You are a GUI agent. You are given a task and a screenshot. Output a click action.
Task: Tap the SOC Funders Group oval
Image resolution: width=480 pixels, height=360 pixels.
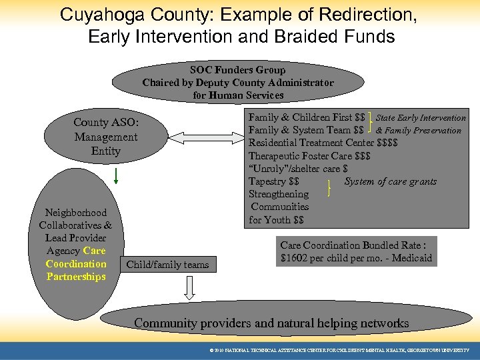coord(238,83)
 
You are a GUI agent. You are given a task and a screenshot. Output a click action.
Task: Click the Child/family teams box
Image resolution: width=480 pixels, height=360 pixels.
coord(167,265)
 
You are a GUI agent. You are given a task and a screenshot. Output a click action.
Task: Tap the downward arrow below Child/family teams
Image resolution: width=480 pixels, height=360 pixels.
coord(189,287)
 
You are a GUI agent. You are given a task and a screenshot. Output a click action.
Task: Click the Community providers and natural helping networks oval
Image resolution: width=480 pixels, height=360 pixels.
coord(271,323)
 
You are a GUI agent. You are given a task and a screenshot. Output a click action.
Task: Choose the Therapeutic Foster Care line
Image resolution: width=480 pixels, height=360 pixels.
coord(309,156)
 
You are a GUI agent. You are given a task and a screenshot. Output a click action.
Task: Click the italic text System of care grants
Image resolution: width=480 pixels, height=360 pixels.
coord(390,181)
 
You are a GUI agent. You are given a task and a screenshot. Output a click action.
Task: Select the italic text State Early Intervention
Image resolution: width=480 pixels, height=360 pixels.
coord(421,118)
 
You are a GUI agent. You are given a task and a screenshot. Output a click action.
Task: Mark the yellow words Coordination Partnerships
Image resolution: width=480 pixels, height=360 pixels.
coord(76,270)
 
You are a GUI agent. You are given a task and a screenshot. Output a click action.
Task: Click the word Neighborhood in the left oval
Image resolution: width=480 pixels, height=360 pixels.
coord(76,213)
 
